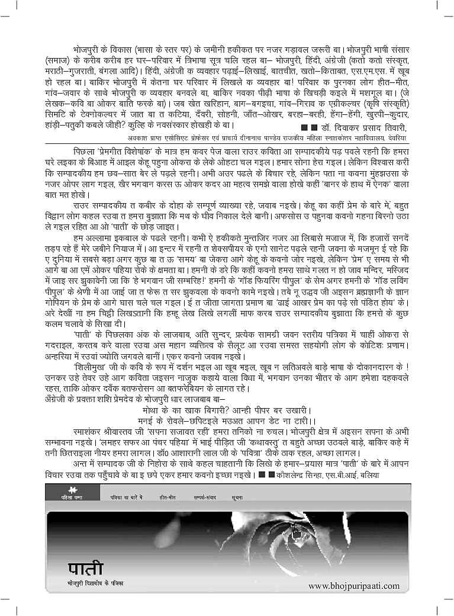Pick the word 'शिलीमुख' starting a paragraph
click(x=88, y=367)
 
